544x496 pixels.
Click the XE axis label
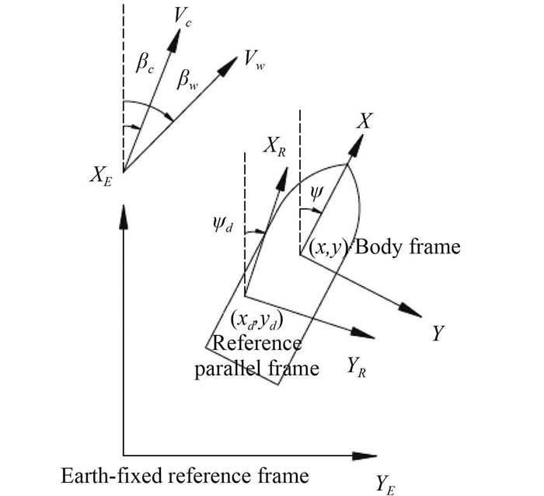pos(101,181)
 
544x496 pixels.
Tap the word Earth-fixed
pos(108,475)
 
